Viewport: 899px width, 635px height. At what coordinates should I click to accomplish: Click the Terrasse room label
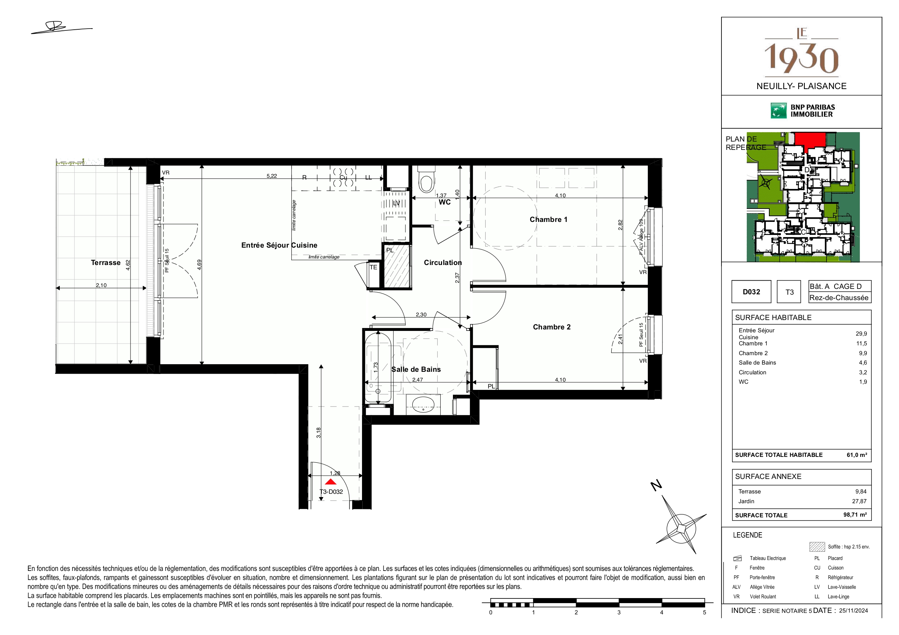coord(106,262)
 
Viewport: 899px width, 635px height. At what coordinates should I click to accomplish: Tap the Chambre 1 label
coord(548,219)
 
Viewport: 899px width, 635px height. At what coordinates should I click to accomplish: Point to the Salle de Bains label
coord(416,369)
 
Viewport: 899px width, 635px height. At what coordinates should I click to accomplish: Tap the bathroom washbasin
coord(423,404)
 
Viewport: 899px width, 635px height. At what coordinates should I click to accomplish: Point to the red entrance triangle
coord(331,481)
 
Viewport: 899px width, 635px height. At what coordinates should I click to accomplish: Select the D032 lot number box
coord(751,292)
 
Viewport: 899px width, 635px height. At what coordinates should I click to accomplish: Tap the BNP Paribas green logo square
coord(778,111)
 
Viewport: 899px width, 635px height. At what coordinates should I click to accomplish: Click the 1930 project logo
coord(802,52)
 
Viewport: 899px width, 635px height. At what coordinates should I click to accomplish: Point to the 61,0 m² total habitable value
coord(857,455)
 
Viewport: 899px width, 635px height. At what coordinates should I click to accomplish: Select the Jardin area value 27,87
coord(859,501)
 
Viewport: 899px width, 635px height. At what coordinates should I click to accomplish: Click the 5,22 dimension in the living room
coord(272,176)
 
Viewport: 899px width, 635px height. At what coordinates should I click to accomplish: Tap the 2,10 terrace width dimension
coord(101,285)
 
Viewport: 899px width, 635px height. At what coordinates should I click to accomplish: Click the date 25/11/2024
coord(853,610)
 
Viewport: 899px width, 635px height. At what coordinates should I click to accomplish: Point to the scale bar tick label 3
coord(619,612)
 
